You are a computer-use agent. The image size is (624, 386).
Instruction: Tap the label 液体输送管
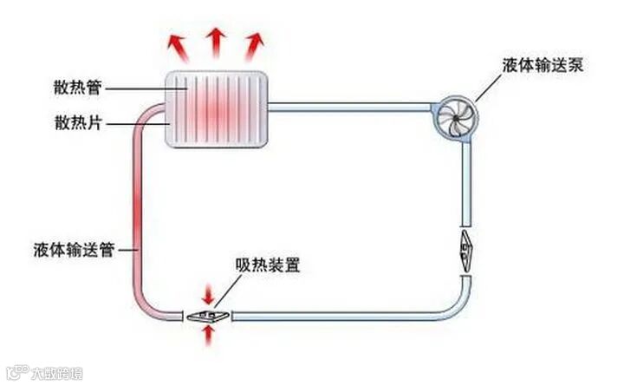point(75,250)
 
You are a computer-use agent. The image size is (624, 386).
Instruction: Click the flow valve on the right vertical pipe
point(465,245)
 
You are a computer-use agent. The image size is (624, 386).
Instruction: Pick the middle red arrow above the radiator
point(215,41)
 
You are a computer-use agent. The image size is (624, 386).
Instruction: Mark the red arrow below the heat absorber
point(208,337)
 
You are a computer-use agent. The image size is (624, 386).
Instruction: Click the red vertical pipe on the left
point(136,217)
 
